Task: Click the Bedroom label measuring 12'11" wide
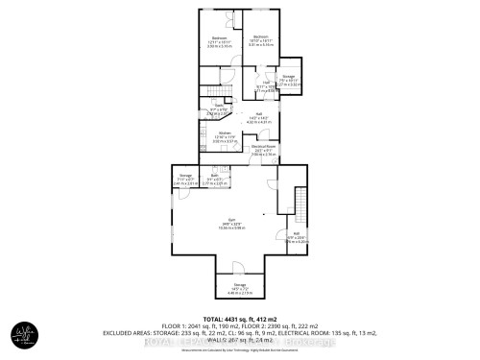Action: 220,39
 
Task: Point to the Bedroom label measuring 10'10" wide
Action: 256,39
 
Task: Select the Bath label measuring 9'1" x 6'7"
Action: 216,175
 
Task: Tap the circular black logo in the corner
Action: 24,337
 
